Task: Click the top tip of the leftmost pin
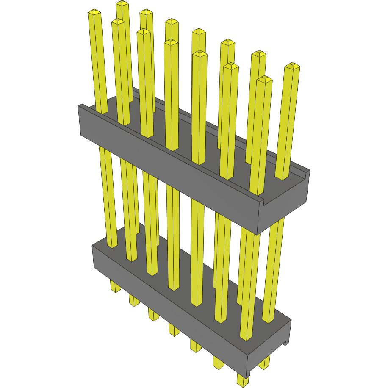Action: point(94,13)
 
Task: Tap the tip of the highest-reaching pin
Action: point(122,3)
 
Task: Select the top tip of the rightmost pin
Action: point(292,66)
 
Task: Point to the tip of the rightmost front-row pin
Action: point(264,79)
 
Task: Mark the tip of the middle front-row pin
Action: point(171,42)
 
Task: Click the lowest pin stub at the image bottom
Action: point(242,380)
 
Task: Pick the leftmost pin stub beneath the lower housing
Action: point(115,286)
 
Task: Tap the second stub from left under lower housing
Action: point(134,301)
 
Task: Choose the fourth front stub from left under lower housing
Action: point(174,329)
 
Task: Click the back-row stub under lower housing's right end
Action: point(265,363)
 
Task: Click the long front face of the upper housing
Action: point(169,169)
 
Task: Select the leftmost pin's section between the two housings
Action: point(108,195)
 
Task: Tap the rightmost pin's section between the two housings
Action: point(275,263)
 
